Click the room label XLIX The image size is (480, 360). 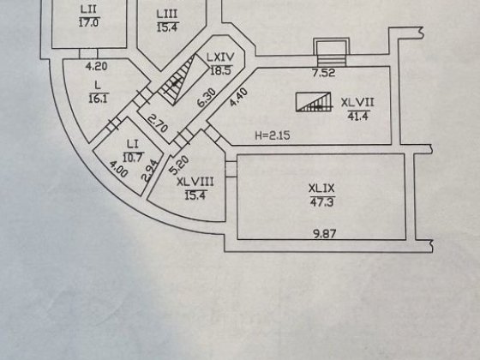[x=321, y=189]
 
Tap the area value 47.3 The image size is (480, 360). [x=322, y=202]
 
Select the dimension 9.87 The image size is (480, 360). [x=325, y=234]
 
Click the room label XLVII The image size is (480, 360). [x=357, y=102]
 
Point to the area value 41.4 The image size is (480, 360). [x=358, y=116]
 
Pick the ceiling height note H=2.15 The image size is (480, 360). [x=273, y=135]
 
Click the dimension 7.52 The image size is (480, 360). [x=324, y=73]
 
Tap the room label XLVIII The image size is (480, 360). [x=195, y=182]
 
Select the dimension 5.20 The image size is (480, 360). [x=180, y=165]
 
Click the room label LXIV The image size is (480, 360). [x=220, y=57]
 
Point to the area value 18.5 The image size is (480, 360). [x=221, y=70]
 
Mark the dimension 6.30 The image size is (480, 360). [x=207, y=98]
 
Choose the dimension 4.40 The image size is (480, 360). [x=238, y=97]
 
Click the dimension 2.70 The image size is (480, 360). [x=158, y=123]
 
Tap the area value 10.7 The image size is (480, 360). [x=133, y=158]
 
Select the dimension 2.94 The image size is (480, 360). [x=150, y=171]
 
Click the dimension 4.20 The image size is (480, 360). [x=96, y=66]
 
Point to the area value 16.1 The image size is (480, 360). [x=99, y=99]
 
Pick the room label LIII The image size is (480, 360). [x=167, y=14]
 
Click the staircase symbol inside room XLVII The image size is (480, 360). [x=314, y=102]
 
